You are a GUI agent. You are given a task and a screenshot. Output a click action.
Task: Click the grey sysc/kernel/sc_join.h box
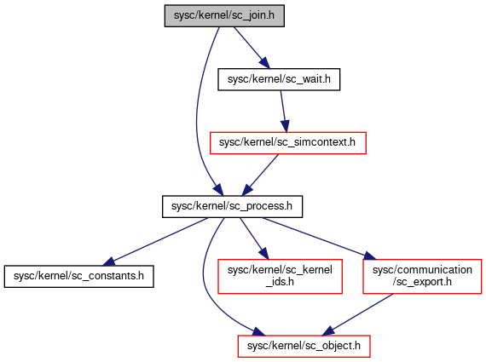224,15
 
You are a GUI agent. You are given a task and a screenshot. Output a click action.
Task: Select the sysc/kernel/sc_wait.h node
279,79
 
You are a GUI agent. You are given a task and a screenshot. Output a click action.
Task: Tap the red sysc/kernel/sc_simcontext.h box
288,143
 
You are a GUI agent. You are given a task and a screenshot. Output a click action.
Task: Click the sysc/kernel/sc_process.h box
232,206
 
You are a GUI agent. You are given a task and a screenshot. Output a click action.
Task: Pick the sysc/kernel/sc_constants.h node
78,276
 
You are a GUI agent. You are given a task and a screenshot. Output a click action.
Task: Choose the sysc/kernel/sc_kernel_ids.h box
280,276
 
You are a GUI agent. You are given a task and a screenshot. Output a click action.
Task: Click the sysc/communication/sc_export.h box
422,276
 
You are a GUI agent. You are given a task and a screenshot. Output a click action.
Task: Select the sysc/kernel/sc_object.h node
304,346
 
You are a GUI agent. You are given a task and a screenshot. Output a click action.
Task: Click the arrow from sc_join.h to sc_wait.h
252,48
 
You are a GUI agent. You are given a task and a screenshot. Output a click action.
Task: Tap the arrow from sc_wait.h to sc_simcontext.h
284,112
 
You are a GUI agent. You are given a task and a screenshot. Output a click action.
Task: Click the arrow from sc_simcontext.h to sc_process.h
260,175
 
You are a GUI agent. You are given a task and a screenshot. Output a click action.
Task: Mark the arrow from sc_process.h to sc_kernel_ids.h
254,238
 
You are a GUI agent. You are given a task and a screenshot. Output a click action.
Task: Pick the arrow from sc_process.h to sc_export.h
319,238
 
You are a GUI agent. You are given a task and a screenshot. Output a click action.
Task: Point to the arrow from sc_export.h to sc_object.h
358,314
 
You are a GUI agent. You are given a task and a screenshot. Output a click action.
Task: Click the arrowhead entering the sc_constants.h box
108,262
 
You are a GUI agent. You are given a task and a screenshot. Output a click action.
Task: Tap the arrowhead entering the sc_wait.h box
265,63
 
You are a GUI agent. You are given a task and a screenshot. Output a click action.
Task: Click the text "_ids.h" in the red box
280,282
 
